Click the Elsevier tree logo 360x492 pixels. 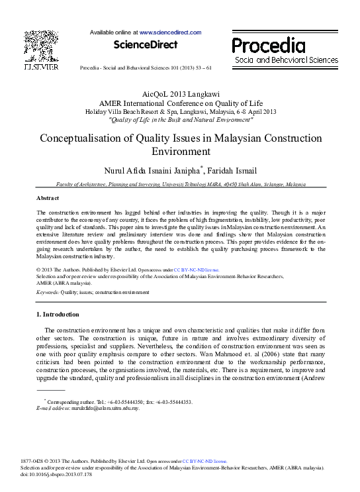(x=40, y=46)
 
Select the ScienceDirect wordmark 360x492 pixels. (x=146, y=44)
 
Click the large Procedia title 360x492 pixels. (x=268, y=46)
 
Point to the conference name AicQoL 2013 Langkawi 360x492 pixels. (x=181, y=95)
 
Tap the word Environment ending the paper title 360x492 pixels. (x=180, y=151)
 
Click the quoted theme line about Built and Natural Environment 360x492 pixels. (x=181, y=120)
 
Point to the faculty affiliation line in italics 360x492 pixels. (x=181, y=184)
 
